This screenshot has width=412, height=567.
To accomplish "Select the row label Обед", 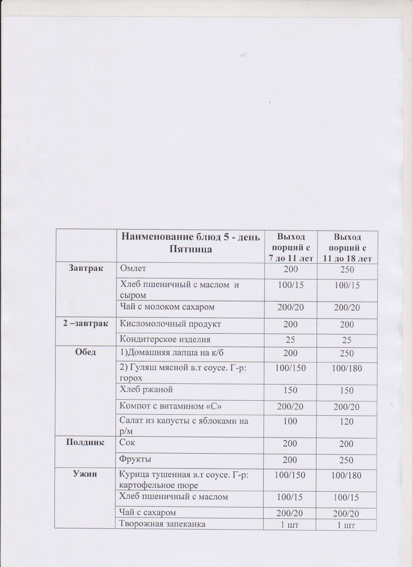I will click(85, 352).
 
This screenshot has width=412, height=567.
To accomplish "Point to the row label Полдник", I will click(85, 442).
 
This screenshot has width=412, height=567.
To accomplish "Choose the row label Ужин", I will click(85, 474).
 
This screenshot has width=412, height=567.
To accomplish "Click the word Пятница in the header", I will click(191, 249).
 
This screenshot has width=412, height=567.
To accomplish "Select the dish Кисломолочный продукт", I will click(170, 324).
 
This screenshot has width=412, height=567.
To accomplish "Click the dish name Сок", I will click(127, 442).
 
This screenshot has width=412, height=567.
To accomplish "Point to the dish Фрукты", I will click(136, 459).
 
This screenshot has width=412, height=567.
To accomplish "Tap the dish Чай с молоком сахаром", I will click(167, 307).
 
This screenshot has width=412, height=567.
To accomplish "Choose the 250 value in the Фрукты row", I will click(347, 461).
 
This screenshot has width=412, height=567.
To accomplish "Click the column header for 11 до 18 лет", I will click(348, 248).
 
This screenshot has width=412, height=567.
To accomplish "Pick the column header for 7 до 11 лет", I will click(291, 247).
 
